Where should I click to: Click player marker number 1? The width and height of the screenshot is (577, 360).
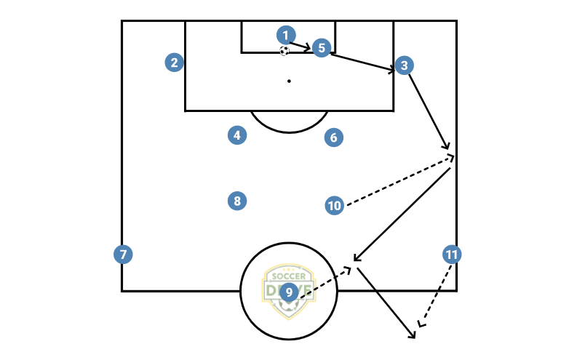tap(286, 35)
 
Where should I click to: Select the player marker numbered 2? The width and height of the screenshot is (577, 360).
tap(174, 63)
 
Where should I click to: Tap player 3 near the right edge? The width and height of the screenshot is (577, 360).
tap(404, 65)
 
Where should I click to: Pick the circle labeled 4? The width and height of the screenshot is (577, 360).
tap(236, 135)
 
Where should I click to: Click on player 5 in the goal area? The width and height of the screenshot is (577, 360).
tap(322, 48)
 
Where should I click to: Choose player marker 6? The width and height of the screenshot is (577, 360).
tap(333, 137)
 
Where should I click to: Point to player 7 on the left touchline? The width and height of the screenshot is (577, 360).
tap(123, 255)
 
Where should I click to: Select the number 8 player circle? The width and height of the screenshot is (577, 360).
tap(236, 201)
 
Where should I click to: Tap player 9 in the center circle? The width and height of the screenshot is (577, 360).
tap(289, 292)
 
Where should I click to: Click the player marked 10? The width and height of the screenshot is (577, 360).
tap(334, 206)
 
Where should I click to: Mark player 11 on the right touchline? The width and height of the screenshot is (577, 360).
tap(452, 255)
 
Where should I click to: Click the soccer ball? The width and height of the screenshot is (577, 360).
tap(284, 50)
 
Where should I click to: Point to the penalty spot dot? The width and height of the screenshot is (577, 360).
tap(289, 81)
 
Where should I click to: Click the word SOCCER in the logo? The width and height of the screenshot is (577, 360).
tap(289, 277)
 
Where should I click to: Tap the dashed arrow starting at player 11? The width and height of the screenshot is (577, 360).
tap(435, 291)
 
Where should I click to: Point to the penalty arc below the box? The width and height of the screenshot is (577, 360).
tap(289, 132)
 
